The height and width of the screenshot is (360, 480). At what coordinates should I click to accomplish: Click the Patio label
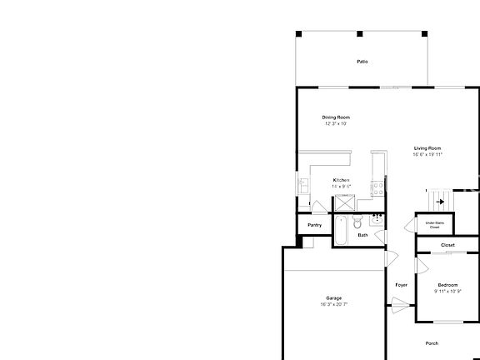(362, 62)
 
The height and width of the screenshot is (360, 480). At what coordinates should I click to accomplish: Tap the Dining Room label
(336, 117)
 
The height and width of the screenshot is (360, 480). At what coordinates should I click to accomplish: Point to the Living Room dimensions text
(427, 154)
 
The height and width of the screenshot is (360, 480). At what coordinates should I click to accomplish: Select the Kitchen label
(341, 180)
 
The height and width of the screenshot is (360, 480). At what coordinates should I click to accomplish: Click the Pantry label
(314, 225)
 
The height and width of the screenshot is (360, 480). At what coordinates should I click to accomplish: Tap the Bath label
(362, 235)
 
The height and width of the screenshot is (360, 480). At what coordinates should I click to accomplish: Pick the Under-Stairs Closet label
(435, 224)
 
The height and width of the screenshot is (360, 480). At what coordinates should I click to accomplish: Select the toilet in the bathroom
(357, 222)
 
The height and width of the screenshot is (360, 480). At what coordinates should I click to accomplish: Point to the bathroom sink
(377, 219)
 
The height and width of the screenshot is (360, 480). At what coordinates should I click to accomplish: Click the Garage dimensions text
(333, 304)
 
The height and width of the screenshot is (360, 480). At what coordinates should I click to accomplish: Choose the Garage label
(333, 297)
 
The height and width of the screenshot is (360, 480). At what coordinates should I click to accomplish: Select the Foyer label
(401, 285)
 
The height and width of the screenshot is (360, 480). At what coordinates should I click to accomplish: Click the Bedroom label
(447, 285)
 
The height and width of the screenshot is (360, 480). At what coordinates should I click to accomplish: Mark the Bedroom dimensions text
(447, 292)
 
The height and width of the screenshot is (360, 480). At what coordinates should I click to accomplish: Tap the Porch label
(432, 343)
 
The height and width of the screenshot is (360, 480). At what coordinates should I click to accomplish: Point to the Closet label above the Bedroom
(447, 245)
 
